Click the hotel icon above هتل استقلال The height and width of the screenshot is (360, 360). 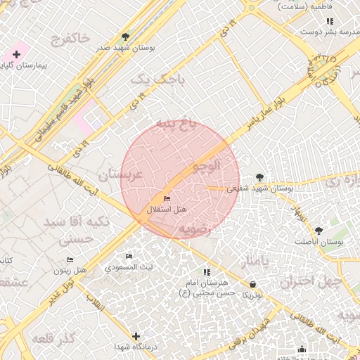click(x=167, y=199)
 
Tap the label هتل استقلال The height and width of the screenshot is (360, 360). click(x=167, y=210)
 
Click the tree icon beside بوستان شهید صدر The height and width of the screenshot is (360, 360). click(x=125, y=36)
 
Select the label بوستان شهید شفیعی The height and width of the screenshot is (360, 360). click(x=261, y=188)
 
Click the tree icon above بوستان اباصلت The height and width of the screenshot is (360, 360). click(x=319, y=231)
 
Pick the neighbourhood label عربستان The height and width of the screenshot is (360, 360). click(x=121, y=174)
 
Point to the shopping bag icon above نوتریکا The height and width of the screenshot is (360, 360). click(x=252, y=284)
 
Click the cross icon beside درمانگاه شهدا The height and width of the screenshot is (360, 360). click(x=136, y=337)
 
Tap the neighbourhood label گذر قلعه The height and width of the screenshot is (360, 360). click(x=53, y=339)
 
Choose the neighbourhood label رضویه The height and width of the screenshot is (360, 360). click(x=195, y=229)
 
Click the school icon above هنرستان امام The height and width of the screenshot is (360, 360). click(x=207, y=272)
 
